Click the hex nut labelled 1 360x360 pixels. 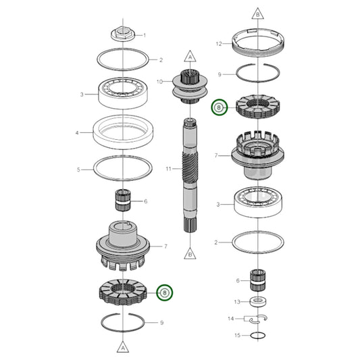[122, 33]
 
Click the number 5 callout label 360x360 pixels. [78, 170]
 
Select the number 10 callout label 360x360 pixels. [159, 82]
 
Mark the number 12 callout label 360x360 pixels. [218, 44]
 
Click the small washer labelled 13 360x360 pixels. [257, 301]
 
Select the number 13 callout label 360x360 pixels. [236, 301]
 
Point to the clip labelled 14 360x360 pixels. [257, 318]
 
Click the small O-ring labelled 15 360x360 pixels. [257, 335]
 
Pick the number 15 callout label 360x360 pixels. [236, 336]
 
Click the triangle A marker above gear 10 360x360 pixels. [190, 56]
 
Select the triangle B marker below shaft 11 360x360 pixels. [190, 254]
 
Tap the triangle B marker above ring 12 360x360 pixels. [258, 14]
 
